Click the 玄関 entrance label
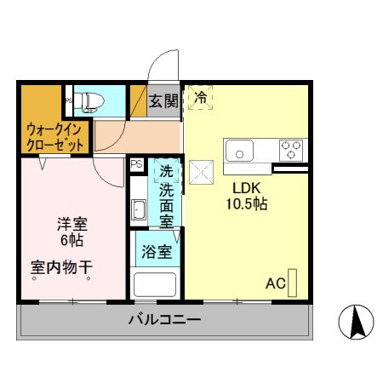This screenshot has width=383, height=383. click(x=164, y=100)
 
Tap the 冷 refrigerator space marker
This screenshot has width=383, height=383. click(x=201, y=98)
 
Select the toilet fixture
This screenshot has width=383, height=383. click(x=89, y=102)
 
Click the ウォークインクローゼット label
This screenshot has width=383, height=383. click(x=54, y=138)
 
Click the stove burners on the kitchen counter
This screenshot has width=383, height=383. click(x=293, y=150)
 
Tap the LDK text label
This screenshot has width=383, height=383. click(x=247, y=187)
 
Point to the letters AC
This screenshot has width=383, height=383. click(x=275, y=283)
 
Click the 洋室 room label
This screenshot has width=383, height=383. click(x=72, y=225)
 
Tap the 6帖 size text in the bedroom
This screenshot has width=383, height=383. click(x=72, y=241)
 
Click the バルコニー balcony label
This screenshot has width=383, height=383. click(x=164, y=321)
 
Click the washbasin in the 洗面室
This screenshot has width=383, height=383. click(x=140, y=209)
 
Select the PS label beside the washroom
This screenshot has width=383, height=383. click(x=136, y=164)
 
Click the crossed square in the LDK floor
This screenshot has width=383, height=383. click(x=202, y=171)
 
